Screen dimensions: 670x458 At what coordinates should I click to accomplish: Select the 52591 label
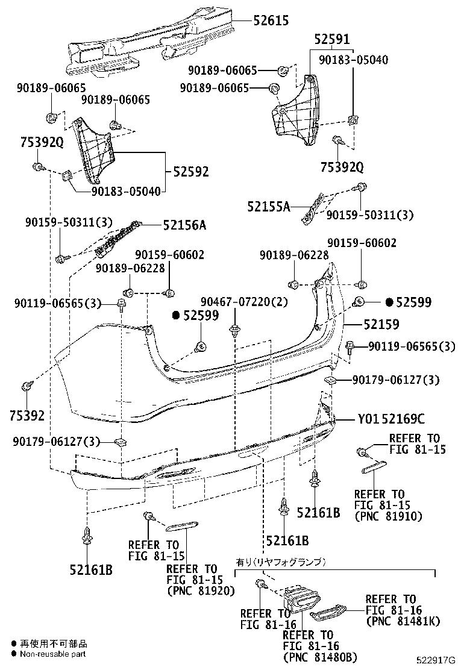(x=331, y=40)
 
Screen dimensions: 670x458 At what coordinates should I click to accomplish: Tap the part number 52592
(x=190, y=172)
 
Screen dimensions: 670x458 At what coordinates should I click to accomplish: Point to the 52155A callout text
(x=268, y=207)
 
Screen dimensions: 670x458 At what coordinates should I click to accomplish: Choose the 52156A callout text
(x=184, y=225)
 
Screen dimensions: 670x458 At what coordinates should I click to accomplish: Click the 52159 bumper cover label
(x=381, y=324)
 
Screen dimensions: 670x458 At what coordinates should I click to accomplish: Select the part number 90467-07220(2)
(x=244, y=301)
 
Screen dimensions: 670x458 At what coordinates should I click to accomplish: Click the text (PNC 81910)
(x=388, y=516)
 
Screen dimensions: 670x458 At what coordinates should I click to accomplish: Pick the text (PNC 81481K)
(x=403, y=621)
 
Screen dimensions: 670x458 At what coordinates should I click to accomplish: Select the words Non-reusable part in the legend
(x=53, y=653)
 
